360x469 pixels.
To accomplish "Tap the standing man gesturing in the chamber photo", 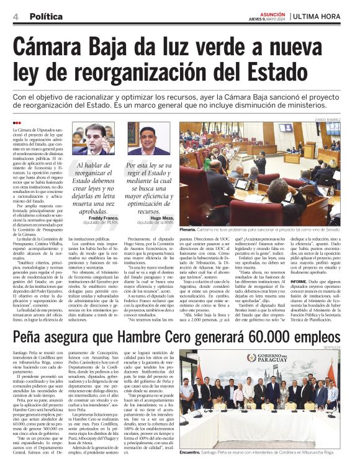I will (x=261, y=163).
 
